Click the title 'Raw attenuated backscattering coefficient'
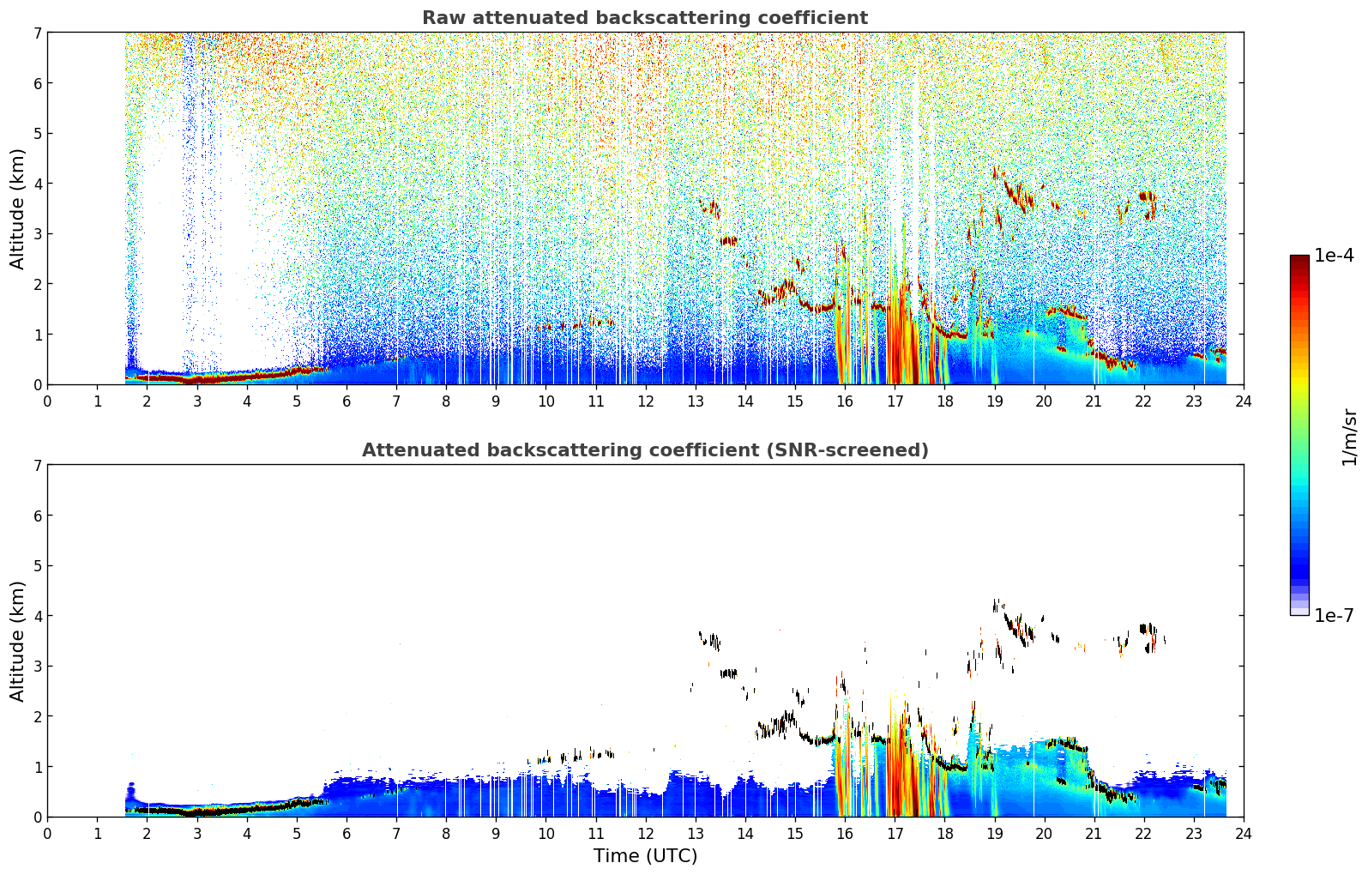click(x=645, y=18)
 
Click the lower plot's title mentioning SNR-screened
click(x=645, y=450)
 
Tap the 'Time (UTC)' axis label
click(x=645, y=856)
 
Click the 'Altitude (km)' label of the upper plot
click(x=17, y=209)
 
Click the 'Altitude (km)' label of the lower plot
click(x=17, y=641)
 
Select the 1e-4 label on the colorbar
click(x=1334, y=256)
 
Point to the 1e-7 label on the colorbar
click(x=1334, y=615)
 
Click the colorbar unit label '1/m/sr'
click(x=1349, y=438)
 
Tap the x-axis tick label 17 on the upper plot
click(x=895, y=401)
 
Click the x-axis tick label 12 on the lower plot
click(x=646, y=834)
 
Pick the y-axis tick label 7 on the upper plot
click(x=37, y=33)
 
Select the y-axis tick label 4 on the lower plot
click(x=37, y=616)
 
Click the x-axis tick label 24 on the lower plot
click(x=1244, y=834)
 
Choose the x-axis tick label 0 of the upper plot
click(x=48, y=401)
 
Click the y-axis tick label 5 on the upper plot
click(x=37, y=134)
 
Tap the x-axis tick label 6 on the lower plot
click(x=347, y=834)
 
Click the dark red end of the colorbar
click(x=1299, y=259)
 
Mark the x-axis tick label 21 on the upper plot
click(x=1094, y=401)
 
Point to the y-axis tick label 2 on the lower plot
click(x=37, y=716)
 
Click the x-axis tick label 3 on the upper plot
click(x=197, y=401)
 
